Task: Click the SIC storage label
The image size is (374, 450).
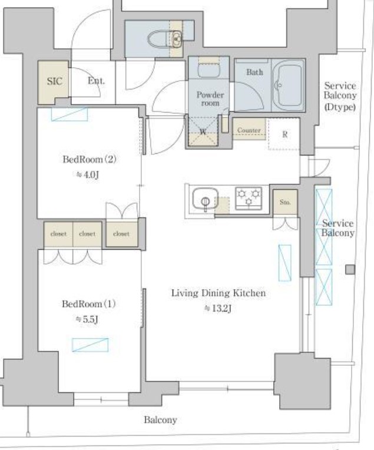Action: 55,81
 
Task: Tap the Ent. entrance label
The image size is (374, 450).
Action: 96,81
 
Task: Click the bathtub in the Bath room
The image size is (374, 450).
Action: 288,86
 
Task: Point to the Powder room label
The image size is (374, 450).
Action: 210,99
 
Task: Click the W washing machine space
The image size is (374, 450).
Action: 203,132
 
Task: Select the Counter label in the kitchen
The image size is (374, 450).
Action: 249,130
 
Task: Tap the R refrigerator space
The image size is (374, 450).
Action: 284,134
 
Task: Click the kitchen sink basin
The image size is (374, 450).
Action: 205,198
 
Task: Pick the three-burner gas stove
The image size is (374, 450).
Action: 249,198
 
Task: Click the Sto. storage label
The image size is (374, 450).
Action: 285,202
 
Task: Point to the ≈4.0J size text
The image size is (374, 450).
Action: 88,174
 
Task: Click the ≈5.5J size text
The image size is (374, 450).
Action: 87,319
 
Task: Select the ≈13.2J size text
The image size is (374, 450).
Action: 217,308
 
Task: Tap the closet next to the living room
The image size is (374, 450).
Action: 121,234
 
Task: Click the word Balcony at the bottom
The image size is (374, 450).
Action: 160,420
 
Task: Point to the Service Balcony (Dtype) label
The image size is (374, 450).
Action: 340,96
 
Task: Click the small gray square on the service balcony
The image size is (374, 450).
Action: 350,270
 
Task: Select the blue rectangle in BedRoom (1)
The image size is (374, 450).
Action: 90,345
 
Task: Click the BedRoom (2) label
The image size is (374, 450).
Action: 90,159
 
